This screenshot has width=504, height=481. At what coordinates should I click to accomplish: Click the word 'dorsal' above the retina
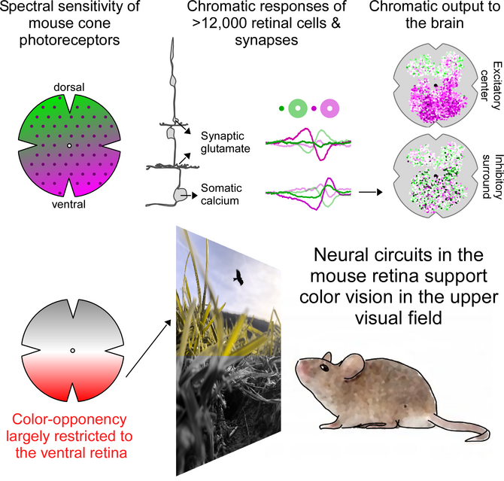click(x=69, y=87)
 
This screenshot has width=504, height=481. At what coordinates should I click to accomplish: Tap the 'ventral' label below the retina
click(x=68, y=204)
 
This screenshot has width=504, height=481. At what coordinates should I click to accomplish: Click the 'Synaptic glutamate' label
click(x=226, y=142)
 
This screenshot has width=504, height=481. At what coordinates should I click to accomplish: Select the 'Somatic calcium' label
click(x=221, y=194)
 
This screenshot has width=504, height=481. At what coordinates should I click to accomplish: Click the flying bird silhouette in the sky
click(x=238, y=278)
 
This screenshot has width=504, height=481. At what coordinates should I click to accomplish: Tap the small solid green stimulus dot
click(x=281, y=108)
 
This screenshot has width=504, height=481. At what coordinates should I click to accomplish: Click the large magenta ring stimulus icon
click(x=329, y=108)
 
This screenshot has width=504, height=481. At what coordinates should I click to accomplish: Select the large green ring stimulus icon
click(x=298, y=108)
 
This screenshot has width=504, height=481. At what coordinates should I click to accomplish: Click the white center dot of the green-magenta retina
click(x=69, y=146)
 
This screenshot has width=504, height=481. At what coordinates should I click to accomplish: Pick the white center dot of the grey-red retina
click(x=73, y=350)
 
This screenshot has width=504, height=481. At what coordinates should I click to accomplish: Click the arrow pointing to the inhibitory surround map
click(x=370, y=193)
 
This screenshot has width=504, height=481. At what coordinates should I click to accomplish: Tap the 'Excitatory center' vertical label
click(x=491, y=86)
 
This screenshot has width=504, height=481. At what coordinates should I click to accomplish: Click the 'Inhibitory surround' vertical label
click(x=493, y=177)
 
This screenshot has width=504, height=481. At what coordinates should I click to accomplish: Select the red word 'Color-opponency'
click(x=69, y=419)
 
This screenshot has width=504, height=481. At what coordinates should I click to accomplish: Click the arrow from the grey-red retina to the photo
click(x=148, y=348)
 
